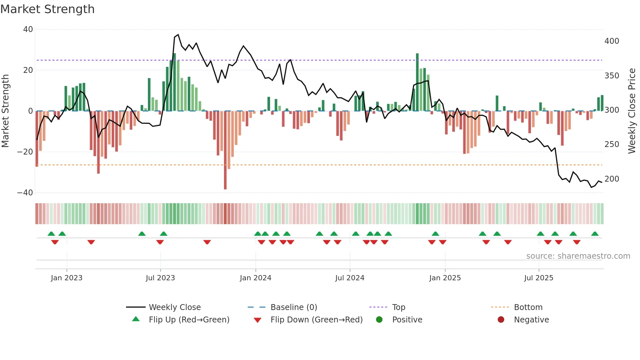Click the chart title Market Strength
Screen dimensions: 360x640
(47, 9)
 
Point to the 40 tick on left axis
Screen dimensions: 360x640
(28, 29)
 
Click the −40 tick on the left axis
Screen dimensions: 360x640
(25, 193)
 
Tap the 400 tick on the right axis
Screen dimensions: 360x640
(612, 41)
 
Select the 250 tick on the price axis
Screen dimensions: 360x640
(612, 144)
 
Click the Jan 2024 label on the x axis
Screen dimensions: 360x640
(255, 278)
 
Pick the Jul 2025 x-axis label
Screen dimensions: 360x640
(538, 278)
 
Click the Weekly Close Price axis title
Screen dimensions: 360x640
(632, 111)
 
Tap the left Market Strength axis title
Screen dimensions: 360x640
(5, 111)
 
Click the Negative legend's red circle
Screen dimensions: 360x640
(501, 320)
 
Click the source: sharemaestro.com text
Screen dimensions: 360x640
(578, 256)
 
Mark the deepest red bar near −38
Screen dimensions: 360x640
(225, 150)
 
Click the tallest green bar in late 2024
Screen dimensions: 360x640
(417, 82)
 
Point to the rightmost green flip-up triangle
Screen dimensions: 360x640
(595, 234)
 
